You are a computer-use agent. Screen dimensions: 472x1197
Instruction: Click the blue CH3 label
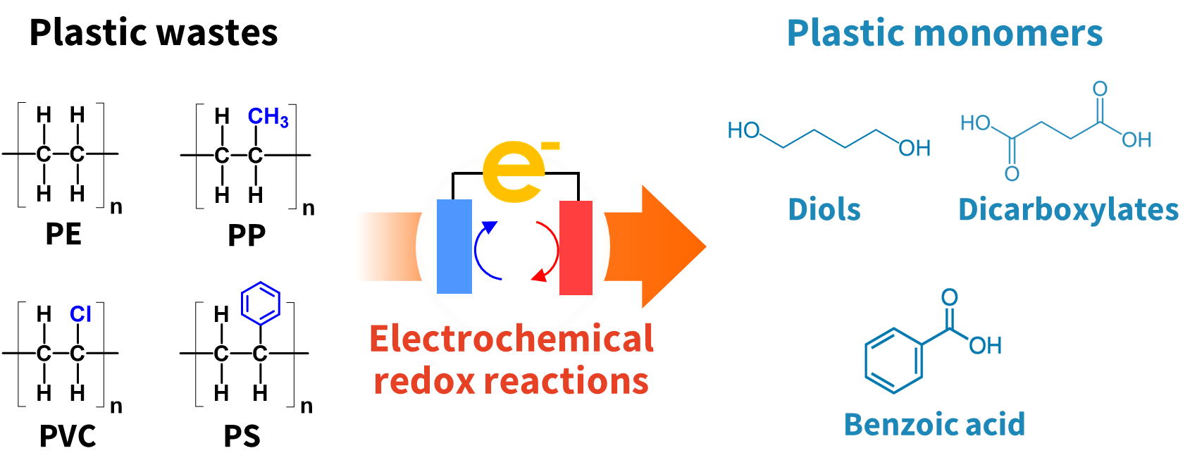(x=268, y=116)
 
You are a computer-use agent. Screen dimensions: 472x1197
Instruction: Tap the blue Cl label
(x=80, y=314)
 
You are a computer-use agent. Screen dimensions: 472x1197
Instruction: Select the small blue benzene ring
(x=261, y=304)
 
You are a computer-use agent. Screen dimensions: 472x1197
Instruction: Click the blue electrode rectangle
(x=454, y=247)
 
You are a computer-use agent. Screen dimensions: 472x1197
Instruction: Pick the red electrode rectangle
(x=576, y=247)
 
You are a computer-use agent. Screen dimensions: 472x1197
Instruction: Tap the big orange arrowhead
(x=673, y=247)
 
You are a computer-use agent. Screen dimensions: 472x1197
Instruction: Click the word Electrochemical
(x=511, y=339)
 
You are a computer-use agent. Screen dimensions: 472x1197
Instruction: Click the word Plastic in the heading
(x=844, y=33)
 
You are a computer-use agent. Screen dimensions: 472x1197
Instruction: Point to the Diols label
(x=824, y=210)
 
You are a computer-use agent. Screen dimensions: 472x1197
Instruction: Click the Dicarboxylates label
(x=1068, y=210)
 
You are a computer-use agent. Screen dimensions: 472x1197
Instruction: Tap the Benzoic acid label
(x=934, y=424)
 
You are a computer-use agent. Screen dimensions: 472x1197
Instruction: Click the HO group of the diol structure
(x=743, y=130)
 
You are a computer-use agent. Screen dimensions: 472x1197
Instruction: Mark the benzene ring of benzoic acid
(x=893, y=360)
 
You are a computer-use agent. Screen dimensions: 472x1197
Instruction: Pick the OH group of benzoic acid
(x=985, y=345)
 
